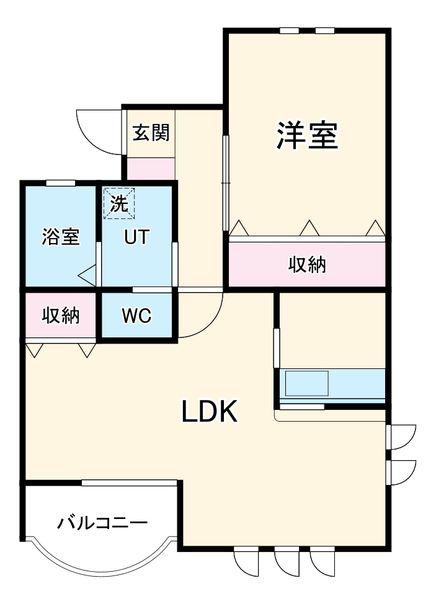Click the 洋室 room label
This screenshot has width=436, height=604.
[307, 136]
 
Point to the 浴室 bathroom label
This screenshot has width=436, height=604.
[61, 236]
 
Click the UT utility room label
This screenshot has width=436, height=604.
[136, 236]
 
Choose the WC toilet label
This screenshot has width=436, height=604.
[136, 316]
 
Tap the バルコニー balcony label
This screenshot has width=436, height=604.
[102, 523]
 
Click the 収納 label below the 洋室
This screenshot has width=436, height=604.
[307, 265]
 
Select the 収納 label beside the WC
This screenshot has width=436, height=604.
[61, 316]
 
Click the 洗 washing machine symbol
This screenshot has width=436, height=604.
[118, 203]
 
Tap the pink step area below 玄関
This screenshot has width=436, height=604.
[151, 169]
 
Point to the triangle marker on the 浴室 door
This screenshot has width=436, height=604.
[87, 273]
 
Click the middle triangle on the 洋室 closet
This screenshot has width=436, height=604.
[309, 229]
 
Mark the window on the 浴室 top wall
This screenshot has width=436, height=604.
[61, 182]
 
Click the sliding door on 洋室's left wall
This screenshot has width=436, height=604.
[226, 180]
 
